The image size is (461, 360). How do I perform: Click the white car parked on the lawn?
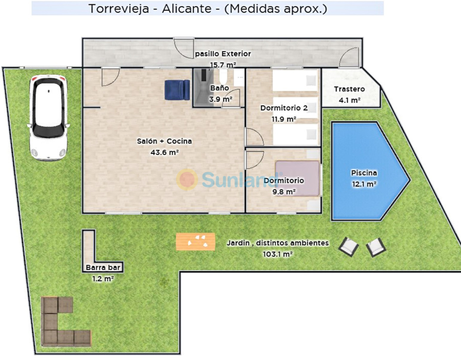49,117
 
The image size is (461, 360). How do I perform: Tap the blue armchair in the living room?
177,90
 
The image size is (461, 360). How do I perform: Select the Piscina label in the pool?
364,173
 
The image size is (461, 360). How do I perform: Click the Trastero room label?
349,89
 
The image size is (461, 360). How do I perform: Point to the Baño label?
219,88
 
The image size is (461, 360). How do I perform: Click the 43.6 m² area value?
165,152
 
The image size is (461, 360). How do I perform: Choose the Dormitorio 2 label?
284,108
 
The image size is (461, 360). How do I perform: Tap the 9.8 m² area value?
284,192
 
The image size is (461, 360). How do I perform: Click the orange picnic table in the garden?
195,242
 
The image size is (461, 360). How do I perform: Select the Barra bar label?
103,267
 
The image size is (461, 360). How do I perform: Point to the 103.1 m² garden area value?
277,254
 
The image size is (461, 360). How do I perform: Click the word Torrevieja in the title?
119,9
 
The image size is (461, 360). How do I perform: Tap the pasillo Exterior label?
223,54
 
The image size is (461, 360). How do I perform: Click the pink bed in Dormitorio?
297,178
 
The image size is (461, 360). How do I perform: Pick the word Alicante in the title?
187,9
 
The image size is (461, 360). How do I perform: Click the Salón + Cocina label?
164,141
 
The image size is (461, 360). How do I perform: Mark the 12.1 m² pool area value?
364,184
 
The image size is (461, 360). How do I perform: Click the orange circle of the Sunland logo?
187,179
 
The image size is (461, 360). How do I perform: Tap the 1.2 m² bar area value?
103,279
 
